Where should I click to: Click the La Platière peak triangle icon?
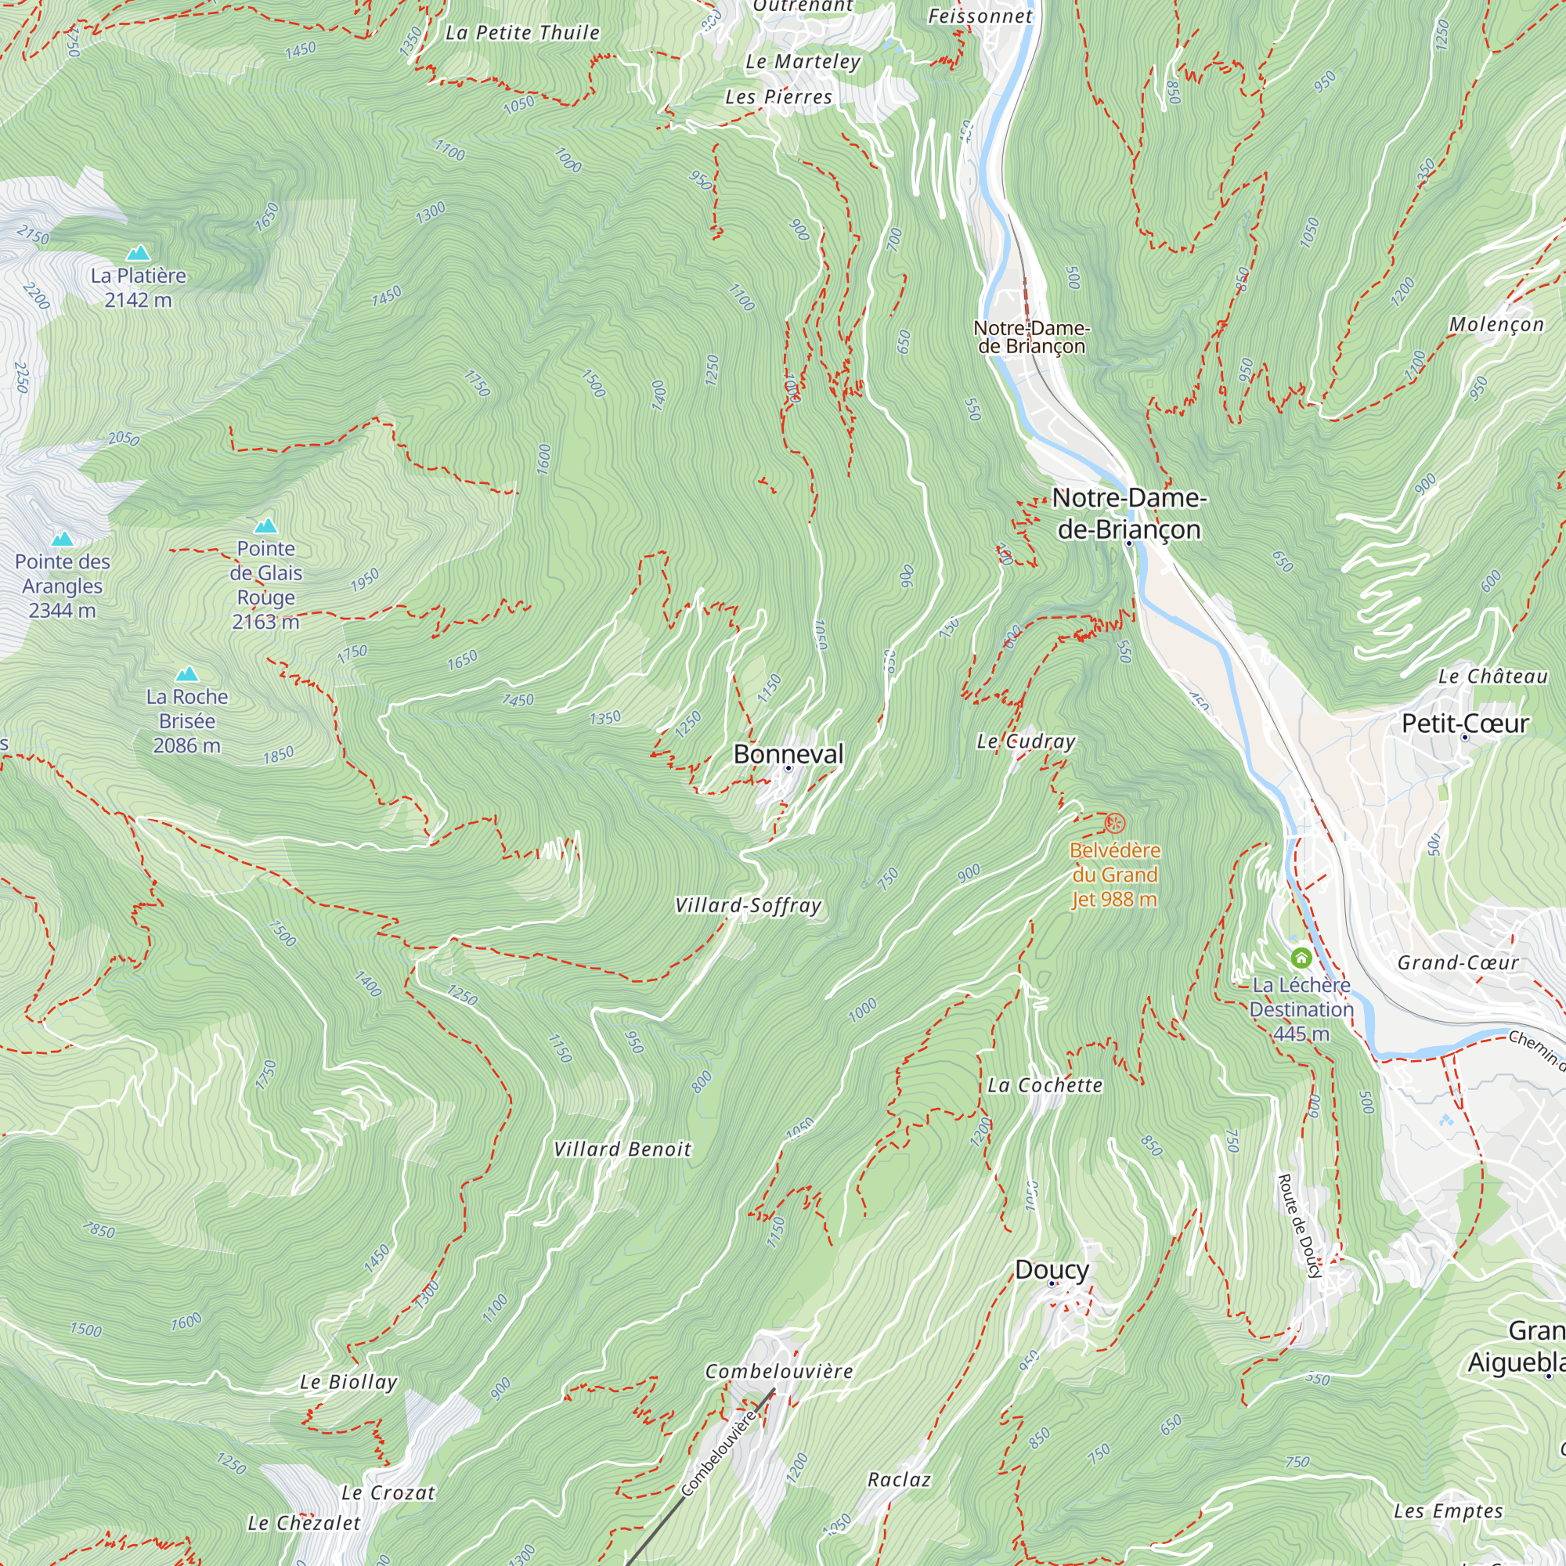pos(139,253)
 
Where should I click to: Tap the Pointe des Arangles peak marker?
pos(63,539)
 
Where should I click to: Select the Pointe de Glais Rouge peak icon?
pos(266,526)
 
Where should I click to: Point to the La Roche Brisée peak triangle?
pos(187,674)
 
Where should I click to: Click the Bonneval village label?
pos(788,754)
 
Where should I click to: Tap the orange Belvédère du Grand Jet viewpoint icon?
pos(1115,824)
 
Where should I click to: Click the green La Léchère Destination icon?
pos(1301,958)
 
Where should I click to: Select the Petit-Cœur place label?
pos(1465,723)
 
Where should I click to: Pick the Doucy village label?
pos(1052,1269)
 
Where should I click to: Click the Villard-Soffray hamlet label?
pos(748,905)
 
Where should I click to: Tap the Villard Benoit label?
pos(622,1149)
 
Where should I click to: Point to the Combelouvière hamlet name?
pos(779,1371)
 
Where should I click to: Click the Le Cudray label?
pos(1026,741)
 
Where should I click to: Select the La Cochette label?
pos(1045,1084)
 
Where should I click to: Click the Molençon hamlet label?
pos(1496,324)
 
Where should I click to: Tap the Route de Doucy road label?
pos(1299,1225)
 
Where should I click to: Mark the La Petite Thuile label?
pos(523,32)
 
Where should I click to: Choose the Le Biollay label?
pos(348,1382)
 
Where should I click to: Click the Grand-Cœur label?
pos(1457,962)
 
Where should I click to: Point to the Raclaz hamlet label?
pos(899,1479)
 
